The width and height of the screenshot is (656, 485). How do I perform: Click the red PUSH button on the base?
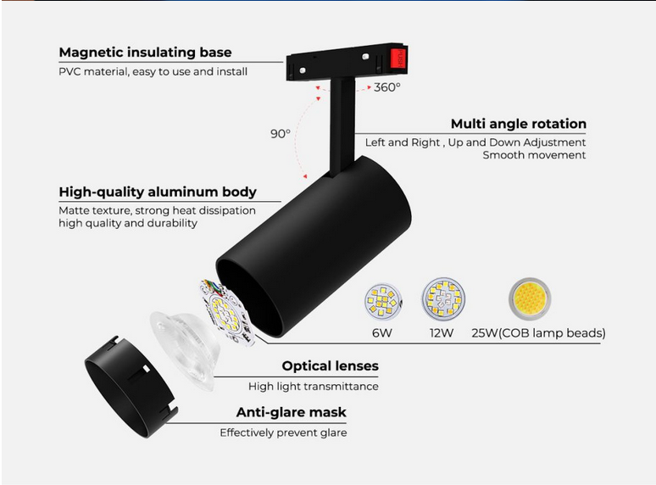[x=397, y=58]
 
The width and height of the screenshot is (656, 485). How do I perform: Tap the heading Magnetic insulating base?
[x=145, y=53]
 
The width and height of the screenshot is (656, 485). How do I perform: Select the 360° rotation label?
[x=387, y=87]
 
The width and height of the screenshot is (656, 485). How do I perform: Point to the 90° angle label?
[x=280, y=133]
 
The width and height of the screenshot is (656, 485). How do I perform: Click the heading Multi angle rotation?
[x=519, y=124]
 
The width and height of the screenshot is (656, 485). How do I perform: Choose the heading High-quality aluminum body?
[x=158, y=192]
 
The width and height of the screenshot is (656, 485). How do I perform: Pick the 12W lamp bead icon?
[x=443, y=299]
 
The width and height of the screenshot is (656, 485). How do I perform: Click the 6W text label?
[x=382, y=333]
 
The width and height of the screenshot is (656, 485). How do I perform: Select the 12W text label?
[x=442, y=333]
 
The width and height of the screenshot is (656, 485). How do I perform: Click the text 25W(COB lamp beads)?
[x=538, y=333]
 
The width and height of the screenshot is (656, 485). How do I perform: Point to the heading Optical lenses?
[x=330, y=366]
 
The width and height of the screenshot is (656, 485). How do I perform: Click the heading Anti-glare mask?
[x=292, y=413]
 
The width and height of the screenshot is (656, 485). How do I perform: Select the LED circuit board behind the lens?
[x=227, y=312]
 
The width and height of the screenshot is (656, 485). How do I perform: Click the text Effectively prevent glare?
[x=283, y=432]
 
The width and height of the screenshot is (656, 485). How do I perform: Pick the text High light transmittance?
[x=314, y=387]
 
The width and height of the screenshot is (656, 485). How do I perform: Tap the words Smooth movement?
[x=534, y=155]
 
